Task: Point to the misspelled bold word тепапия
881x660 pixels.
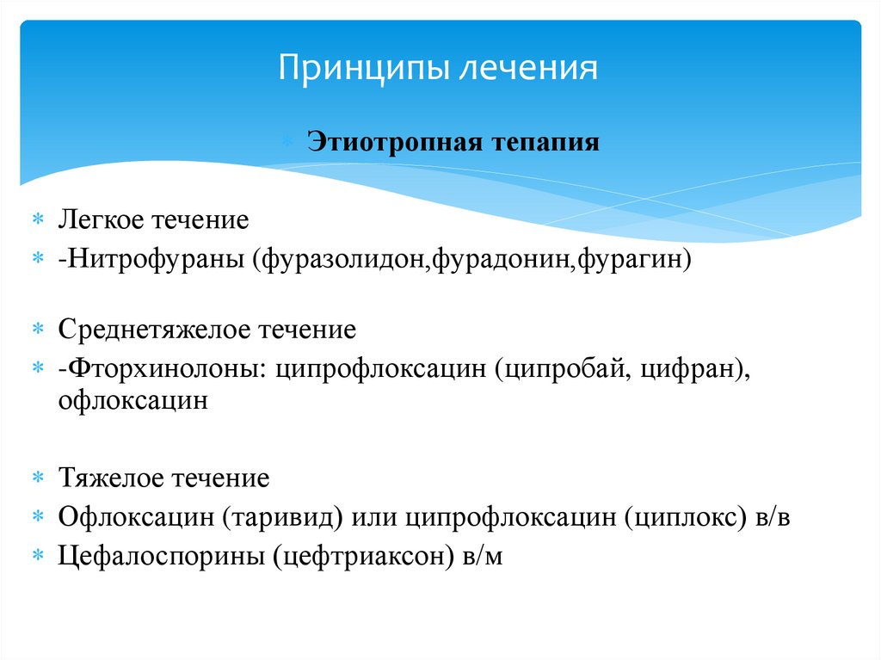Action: (534, 141)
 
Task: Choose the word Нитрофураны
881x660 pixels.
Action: (155, 258)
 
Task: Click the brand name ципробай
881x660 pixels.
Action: (559, 368)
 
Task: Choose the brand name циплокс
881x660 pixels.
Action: (681, 517)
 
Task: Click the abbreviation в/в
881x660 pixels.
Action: (769, 517)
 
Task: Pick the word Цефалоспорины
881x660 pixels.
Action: (161, 556)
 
